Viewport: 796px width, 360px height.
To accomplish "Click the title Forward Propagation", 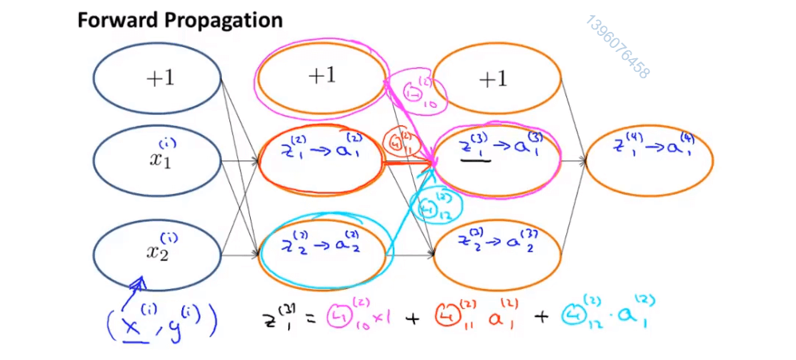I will point(180,20).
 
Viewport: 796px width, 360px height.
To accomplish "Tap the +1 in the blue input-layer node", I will point(160,78).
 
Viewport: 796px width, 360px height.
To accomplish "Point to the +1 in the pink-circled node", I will point(322,76).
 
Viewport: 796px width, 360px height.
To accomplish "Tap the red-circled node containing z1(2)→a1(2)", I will point(322,160).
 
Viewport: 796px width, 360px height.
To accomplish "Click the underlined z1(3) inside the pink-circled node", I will point(477,148).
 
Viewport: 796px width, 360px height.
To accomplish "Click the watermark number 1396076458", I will point(617,46).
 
